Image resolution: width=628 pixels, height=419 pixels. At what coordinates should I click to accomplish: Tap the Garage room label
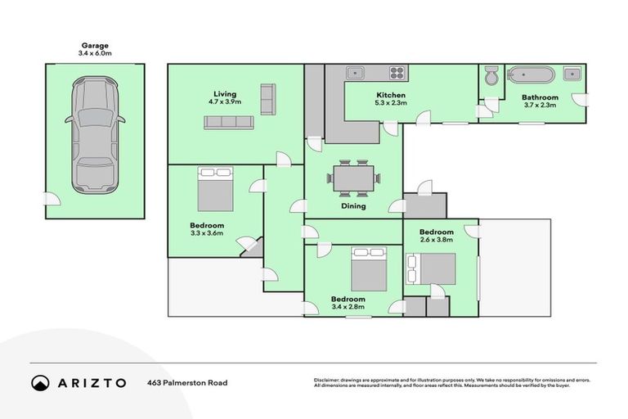tap(95, 46)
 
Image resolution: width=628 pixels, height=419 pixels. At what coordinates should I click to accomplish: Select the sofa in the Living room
tap(229, 122)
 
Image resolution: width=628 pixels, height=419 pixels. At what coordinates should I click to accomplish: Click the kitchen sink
tap(357, 73)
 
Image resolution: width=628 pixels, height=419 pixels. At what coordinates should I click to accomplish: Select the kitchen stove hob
tap(397, 73)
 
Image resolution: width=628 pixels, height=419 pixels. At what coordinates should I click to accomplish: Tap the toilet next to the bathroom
tap(491, 76)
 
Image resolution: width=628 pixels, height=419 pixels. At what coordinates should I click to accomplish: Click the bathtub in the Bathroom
tap(531, 75)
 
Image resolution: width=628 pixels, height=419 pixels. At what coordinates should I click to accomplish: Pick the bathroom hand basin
tap(573, 74)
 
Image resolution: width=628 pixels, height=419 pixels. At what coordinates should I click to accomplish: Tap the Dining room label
tap(353, 206)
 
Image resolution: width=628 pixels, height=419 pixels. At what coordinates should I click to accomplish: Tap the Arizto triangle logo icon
tap(40, 382)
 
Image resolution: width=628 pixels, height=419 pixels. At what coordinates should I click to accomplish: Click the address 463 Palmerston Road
tap(187, 382)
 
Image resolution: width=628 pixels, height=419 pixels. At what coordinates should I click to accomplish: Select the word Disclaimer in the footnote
tap(328, 380)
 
